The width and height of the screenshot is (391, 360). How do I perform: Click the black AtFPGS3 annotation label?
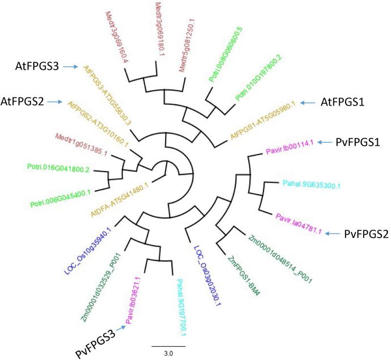tap(36, 66)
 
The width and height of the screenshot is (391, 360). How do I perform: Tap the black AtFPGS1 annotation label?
tap(344, 103)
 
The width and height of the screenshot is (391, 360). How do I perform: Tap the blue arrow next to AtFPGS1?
tap(309, 103)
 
